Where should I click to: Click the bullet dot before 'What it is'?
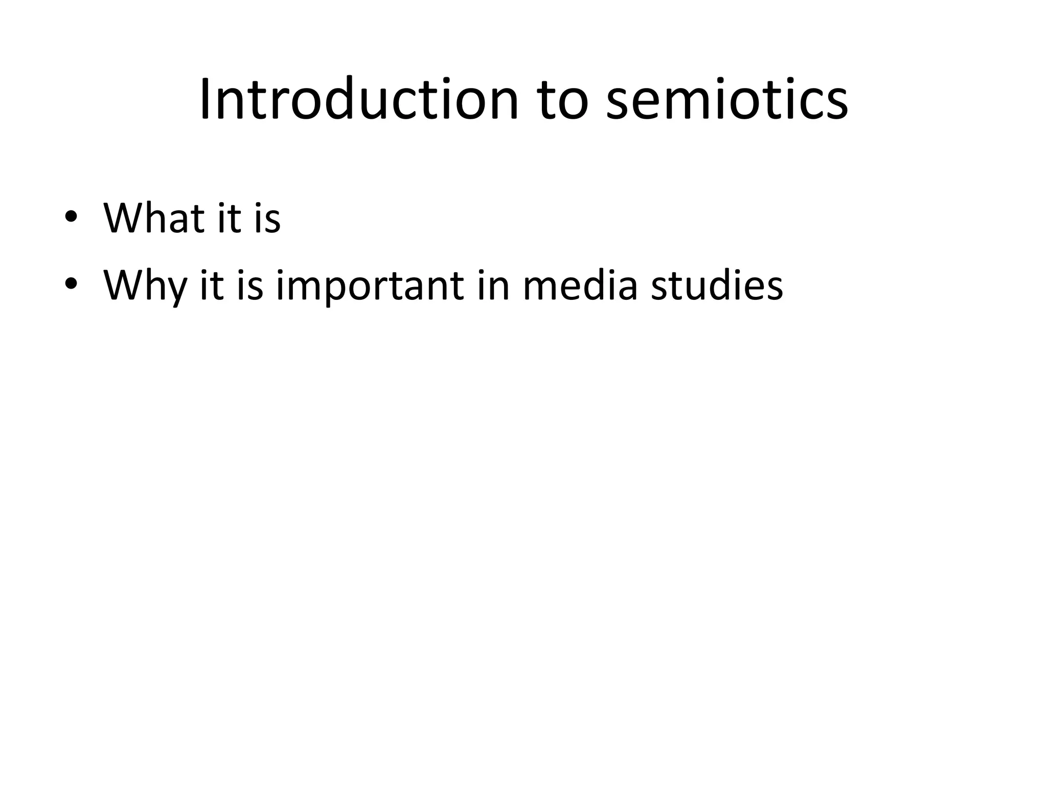(71, 217)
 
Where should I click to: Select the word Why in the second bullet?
(145, 286)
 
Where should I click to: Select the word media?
(580, 285)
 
